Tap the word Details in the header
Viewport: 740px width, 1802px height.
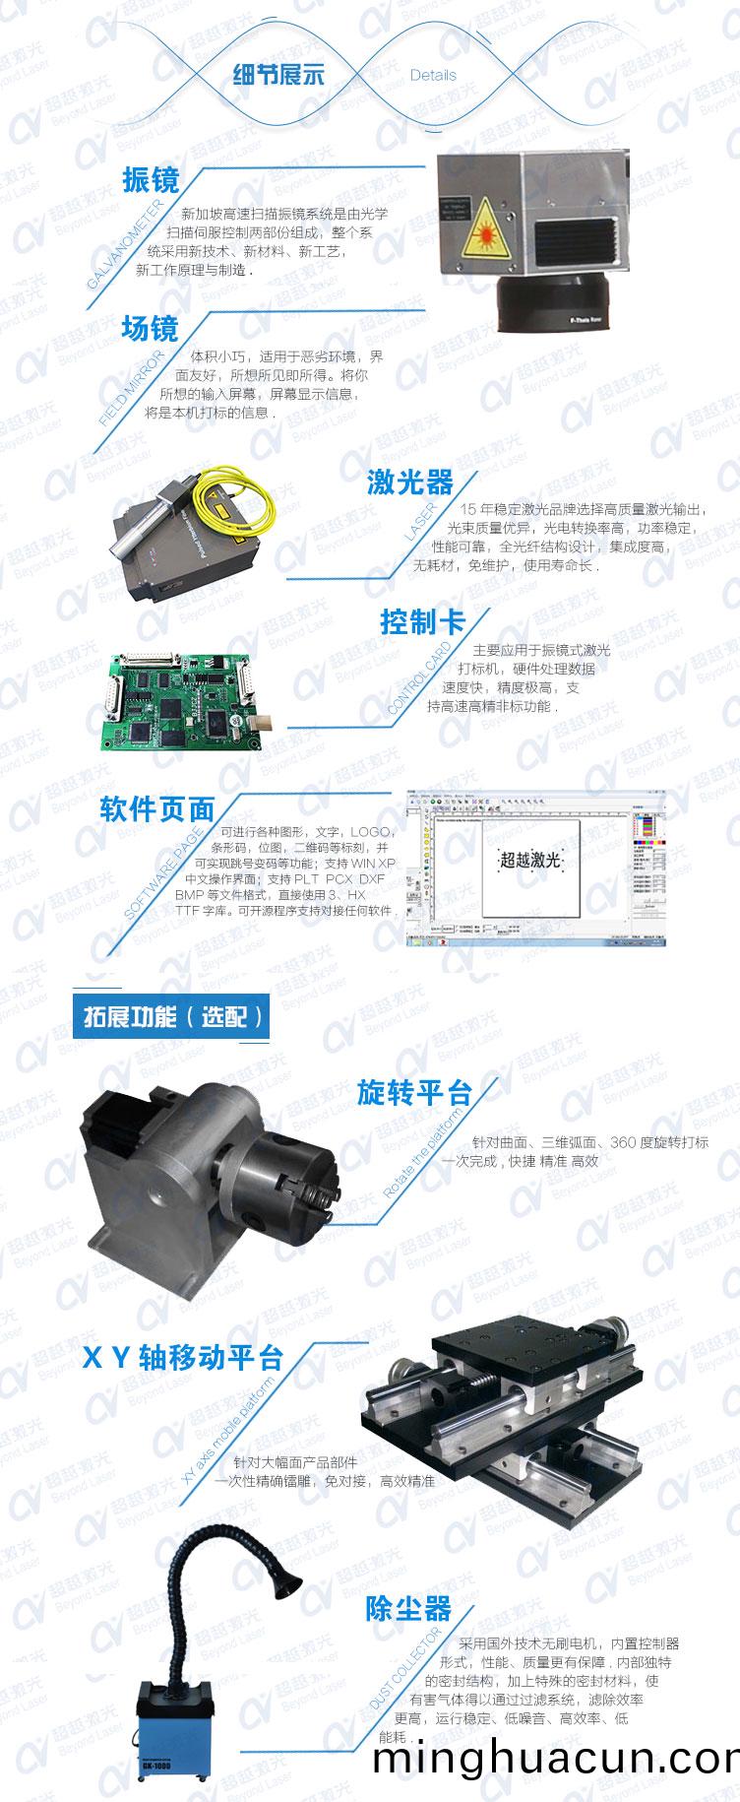pos(433,75)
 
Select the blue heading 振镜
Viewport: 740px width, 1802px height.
pos(151,180)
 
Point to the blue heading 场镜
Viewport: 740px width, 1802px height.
pos(150,328)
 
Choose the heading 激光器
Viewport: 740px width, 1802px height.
pos(410,482)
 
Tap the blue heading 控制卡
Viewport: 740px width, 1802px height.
pos(422,622)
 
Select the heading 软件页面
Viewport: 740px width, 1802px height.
pos(157,809)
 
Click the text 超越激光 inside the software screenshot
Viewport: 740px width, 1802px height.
pos(530,860)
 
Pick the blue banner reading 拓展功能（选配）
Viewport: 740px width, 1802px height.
pos(171,1016)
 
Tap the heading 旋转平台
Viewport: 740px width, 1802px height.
pos(414,1093)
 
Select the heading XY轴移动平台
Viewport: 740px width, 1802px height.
pos(182,1358)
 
